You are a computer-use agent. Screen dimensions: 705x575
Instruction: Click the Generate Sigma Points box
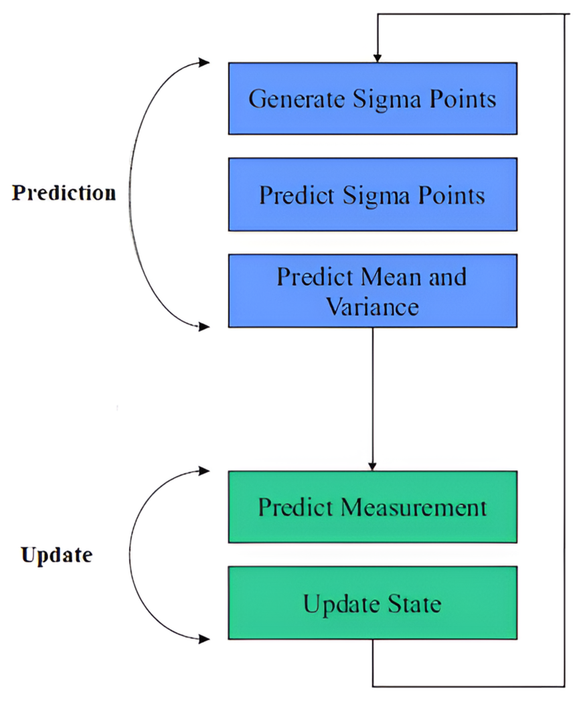(x=372, y=98)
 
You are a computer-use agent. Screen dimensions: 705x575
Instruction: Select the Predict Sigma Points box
(x=372, y=194)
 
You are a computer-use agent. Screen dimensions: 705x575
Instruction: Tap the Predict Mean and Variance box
(x=372, y=291)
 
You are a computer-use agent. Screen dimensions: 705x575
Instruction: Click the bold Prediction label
(x=64, y=193)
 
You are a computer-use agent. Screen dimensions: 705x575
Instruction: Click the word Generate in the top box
(x=297, y=99)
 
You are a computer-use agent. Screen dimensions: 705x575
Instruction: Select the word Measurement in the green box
(x=414, y=507)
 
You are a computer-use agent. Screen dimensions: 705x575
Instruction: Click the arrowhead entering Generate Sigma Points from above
(x=378, y=58)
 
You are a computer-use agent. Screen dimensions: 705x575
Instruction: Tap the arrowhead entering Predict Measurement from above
(x=372, y=466)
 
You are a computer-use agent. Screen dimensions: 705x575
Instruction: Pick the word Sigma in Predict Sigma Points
(x=376, y=195)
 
